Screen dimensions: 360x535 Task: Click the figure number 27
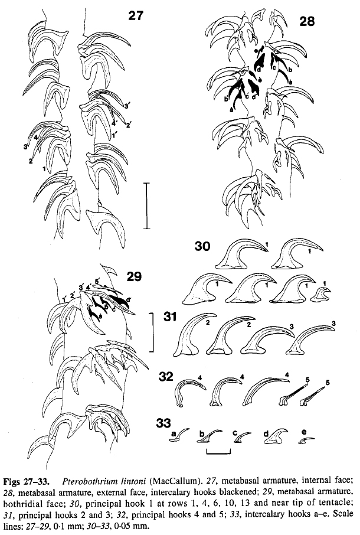tap(136, 15)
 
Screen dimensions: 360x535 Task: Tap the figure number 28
tap(307, 21)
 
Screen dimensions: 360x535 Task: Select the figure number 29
tap(133, 277)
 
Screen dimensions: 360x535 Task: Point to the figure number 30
tap(202, 246)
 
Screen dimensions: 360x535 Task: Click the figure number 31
tap(169, 317)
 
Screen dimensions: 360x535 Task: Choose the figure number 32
tap(166, 377)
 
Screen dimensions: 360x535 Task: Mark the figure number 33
tap(163, 423)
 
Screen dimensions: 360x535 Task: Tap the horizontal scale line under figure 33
tap(218, 452)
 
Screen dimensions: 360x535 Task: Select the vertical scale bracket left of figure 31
tap(152, 332)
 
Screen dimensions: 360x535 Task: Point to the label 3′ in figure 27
tap(127, 106)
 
